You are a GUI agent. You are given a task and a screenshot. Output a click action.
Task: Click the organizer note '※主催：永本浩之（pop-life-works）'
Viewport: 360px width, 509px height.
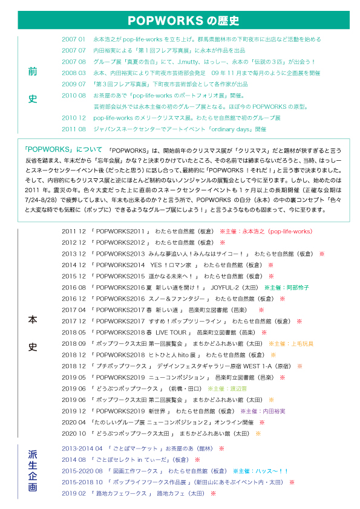[x=266, y=232]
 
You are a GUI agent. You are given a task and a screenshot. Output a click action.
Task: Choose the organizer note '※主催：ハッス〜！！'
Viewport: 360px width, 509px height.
[x=261, y=471]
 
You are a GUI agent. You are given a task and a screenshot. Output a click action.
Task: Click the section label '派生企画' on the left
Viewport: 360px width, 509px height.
[x=33, y=471]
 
